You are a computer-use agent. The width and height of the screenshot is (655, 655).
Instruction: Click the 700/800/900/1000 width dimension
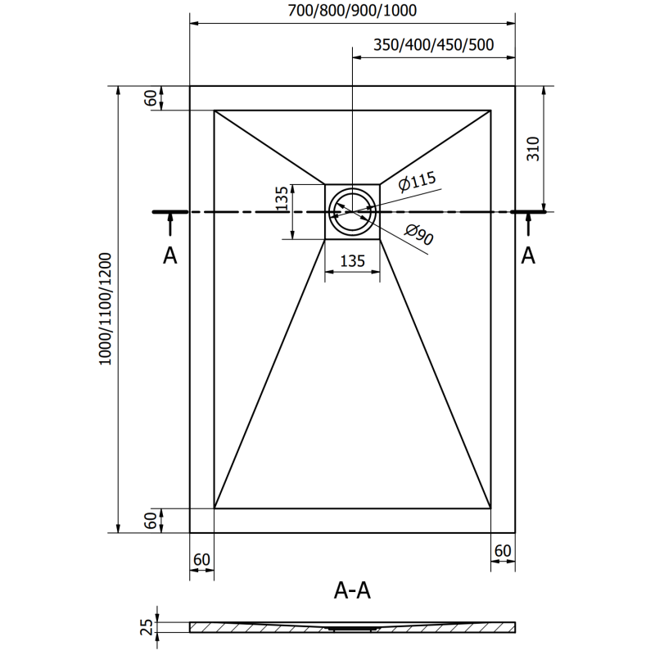tap(352, 11)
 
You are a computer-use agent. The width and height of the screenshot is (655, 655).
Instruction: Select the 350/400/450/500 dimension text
tap(434, 45)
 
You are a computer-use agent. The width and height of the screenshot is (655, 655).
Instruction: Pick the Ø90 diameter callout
tap(418, 237)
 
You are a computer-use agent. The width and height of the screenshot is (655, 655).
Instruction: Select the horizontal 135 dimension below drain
tap(352, 262)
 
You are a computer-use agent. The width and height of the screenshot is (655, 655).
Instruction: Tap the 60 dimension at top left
tap(151, 97)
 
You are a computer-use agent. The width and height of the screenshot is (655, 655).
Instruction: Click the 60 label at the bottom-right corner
tap(503, 550)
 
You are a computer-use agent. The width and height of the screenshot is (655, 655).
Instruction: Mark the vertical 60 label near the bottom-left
tap(151, 520)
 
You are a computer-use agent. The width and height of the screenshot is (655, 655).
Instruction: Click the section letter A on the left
tap(169, 256)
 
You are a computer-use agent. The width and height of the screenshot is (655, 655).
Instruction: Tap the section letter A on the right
tap(529, 256)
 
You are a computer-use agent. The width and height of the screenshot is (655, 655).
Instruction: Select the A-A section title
tap(354, 589)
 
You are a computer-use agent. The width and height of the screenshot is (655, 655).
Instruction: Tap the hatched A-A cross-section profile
tap(352, 627)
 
